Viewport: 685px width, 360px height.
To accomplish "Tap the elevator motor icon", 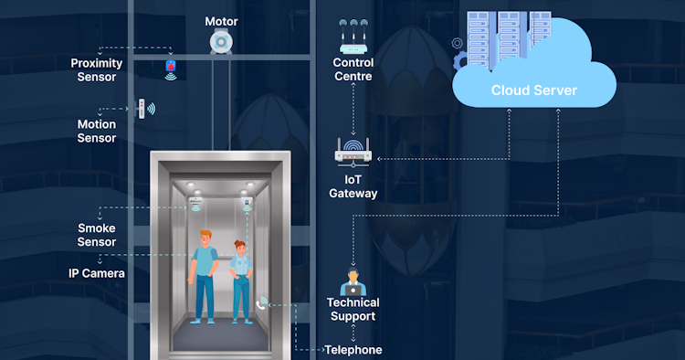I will pos(220,43).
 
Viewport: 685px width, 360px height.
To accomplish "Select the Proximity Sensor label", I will pos(94,70).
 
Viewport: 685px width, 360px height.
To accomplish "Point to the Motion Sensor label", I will pos(97,131).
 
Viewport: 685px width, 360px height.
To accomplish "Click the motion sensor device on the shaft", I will pos(142,108).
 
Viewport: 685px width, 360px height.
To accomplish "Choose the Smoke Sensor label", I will pos(97,235).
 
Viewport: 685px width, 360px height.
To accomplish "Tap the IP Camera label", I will pos(97,272).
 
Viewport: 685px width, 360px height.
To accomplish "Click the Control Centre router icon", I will pos(353,37).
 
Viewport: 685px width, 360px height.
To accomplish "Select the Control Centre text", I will pos(353,70).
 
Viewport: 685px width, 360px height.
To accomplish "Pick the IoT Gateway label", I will pos(353,186).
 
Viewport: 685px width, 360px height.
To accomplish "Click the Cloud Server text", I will pos(533,90).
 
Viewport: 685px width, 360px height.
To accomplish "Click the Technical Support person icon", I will pos(353,281).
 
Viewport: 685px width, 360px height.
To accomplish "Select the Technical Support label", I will pos(353,309).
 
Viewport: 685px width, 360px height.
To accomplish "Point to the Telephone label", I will pos(353,349).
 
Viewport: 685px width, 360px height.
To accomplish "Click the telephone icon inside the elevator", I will pos(263,302).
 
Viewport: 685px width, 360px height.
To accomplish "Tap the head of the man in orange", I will pos(205,238).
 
